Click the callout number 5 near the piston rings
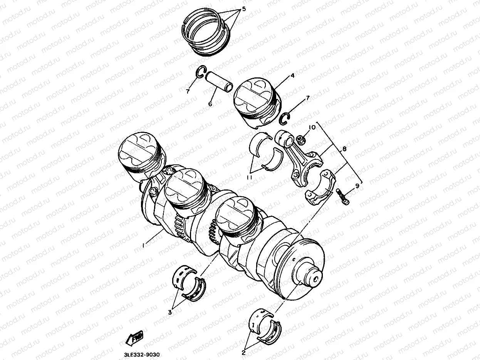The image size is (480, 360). [x=244, y=9]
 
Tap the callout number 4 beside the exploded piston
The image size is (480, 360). [x=292, y=75]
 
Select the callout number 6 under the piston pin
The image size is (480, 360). [x=210, y=104]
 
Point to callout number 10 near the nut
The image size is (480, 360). [x=312, y=127]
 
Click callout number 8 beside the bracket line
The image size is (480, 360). [x=344, y=149]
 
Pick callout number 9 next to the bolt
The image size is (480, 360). [x=357, y=186]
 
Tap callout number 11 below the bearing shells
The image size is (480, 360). [x=250, y=178]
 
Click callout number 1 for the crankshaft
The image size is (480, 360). [x=143, y=246]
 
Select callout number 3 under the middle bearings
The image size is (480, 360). [x=170, y=313]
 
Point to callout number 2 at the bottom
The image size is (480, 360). [x=243, y=353]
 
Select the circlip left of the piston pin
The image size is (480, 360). [x=201, y=72]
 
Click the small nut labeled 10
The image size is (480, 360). [x=300, y=140]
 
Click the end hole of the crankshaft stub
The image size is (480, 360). [x=316, y=280]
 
